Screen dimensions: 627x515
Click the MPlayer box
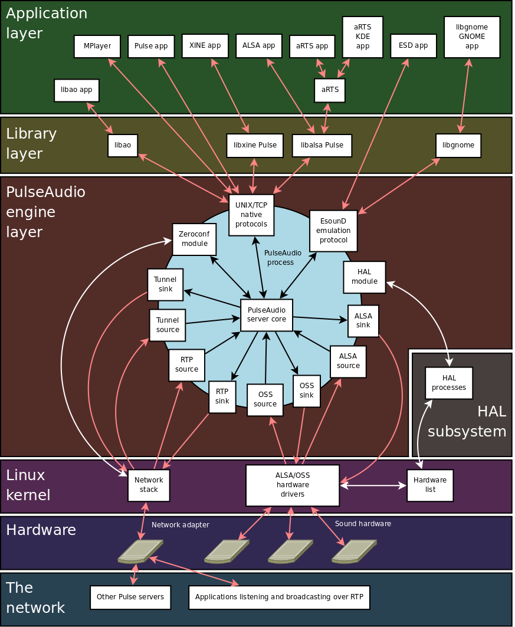pos(97,47)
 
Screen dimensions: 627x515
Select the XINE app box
pos(205,46)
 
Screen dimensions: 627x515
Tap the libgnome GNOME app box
pos(471,37)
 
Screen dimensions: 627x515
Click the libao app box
pos(77,90)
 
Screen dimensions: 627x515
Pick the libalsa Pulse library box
pos(322,146)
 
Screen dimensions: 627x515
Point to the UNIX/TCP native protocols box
pos(251,215)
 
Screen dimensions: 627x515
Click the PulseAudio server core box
pos(267,315)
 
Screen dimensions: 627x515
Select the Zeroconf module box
pos(194,239)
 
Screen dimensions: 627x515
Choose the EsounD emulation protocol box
pos(333,231)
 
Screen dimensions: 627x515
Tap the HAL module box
pos(364,277)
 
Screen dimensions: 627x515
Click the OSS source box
pos(265,400)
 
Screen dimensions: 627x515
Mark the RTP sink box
pos(222,397)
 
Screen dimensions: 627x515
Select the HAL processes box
pos(449,383)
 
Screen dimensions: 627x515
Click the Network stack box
pos(149,485)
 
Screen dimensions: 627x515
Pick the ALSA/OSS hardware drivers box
pos(293,485)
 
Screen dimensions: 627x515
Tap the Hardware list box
pos(430,485)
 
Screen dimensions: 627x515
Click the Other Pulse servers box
pos(130,598)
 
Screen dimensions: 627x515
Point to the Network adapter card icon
pos(140,551)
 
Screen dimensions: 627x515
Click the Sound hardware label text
pos(363,524)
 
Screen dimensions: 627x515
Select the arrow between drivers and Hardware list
pos(373,486)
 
